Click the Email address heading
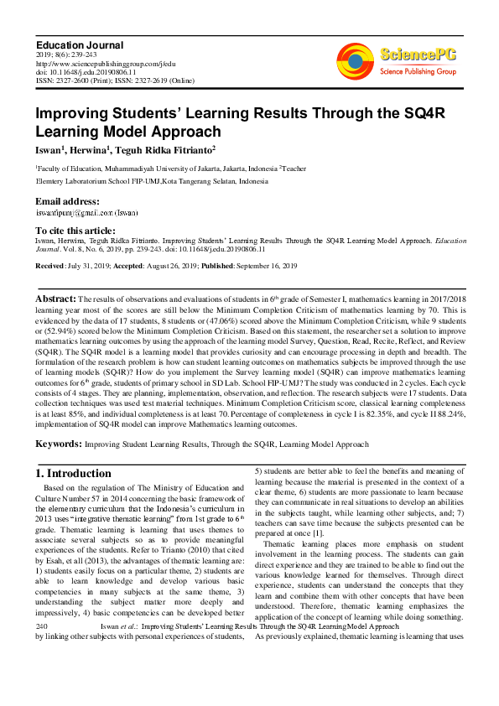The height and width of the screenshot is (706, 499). coord(67,201)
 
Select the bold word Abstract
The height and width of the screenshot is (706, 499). coord(55,298)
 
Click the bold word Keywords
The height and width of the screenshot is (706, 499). coord(58,444)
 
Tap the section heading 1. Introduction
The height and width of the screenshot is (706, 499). coord(75,474)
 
